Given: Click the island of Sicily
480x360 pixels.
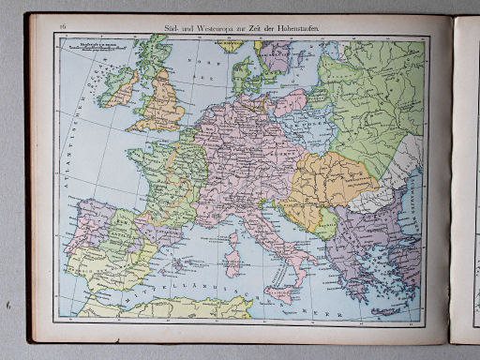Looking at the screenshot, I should [278, 295].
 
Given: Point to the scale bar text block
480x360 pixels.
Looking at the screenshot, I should [102, 45].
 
